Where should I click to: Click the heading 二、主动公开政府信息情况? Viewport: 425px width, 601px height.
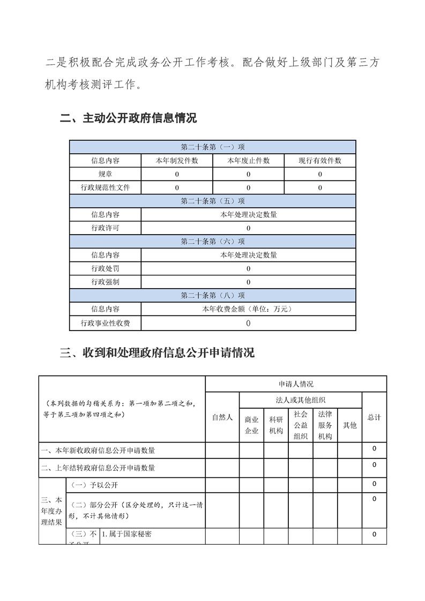[x=129, y=118]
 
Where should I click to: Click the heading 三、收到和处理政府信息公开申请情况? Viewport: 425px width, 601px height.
[x=157, y=352]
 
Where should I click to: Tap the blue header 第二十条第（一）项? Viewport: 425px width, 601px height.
[x=213, y=147]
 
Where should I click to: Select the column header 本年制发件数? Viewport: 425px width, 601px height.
[x=177, y=161]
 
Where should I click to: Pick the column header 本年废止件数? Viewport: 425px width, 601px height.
[x=248, y=161]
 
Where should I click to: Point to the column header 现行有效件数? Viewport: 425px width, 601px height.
[x=320, y=161]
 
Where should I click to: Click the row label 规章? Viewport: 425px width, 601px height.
[x=106, y=174]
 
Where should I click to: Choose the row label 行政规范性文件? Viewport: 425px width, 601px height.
[x=106, y=187]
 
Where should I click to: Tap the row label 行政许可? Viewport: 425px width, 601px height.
[x=106, y=228]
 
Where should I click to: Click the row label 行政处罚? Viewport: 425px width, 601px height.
[x=106, y=268]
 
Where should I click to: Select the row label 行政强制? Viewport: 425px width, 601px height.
[x=106, y=282]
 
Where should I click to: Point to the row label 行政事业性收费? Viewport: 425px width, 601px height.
[x=106, y=323]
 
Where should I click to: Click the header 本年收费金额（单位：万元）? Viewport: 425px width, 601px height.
[x=248, y=309]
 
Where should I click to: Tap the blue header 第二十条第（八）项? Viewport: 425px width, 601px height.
[x=213, y=296]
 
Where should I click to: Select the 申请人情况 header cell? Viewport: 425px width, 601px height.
[x=296, y=384]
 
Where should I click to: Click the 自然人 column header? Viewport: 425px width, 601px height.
[x=222, y=417]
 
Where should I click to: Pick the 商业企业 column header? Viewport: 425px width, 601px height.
[x=251, y=425]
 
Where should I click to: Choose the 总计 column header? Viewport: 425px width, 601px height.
[x=374, y=417]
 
